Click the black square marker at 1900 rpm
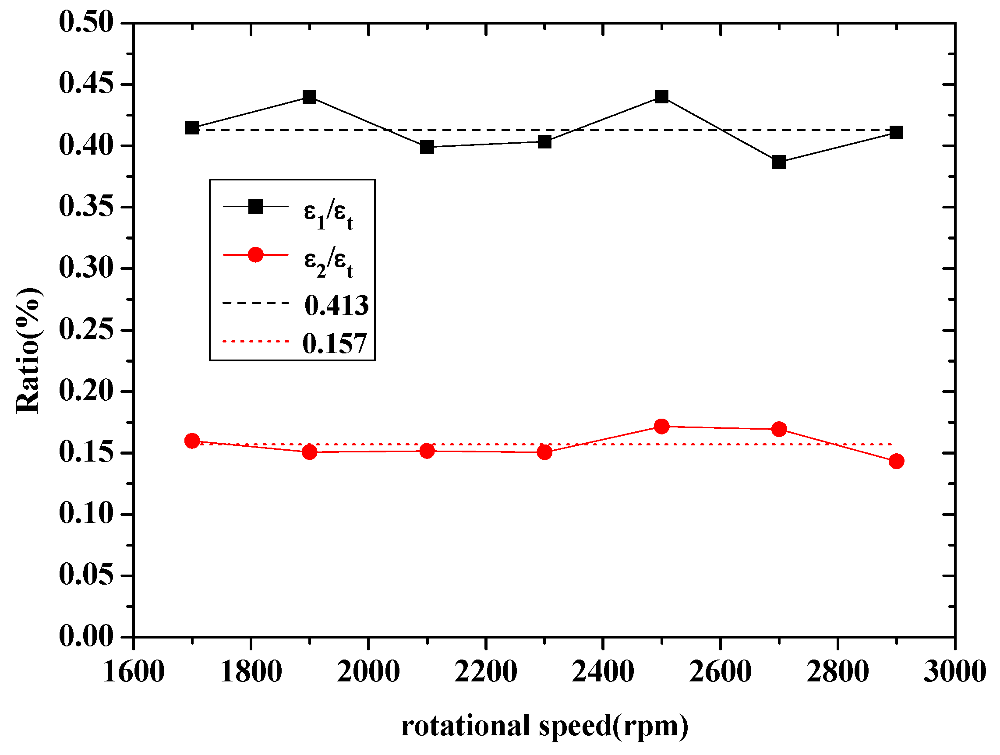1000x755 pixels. (x=309, y=97)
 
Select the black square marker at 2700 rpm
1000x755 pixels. (x=778, y=162)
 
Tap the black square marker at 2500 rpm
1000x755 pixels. (x=661, y=96)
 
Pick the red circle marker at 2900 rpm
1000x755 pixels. (x=896, y=461)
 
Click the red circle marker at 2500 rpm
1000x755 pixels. (x=661, y=426)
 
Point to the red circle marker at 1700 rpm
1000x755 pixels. (x=192, y=440)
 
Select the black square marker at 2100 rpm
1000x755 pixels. (x=427, y=147)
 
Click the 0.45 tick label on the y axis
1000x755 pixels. (x=86, y=84)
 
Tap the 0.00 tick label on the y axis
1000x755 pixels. (x=86, y=637)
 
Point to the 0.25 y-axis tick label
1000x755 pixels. (x=86, y=330)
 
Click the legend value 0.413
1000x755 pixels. (x=336, y=306)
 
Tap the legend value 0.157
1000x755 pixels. (x=335, y=344)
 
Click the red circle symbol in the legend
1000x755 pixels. (x=255, y=255)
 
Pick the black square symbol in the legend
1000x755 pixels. (x=255, y=207)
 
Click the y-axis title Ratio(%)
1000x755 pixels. (x=28, y=350)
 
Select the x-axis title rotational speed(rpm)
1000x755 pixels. (x=544, y=726)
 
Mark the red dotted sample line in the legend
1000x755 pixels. (x=255, y=341)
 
